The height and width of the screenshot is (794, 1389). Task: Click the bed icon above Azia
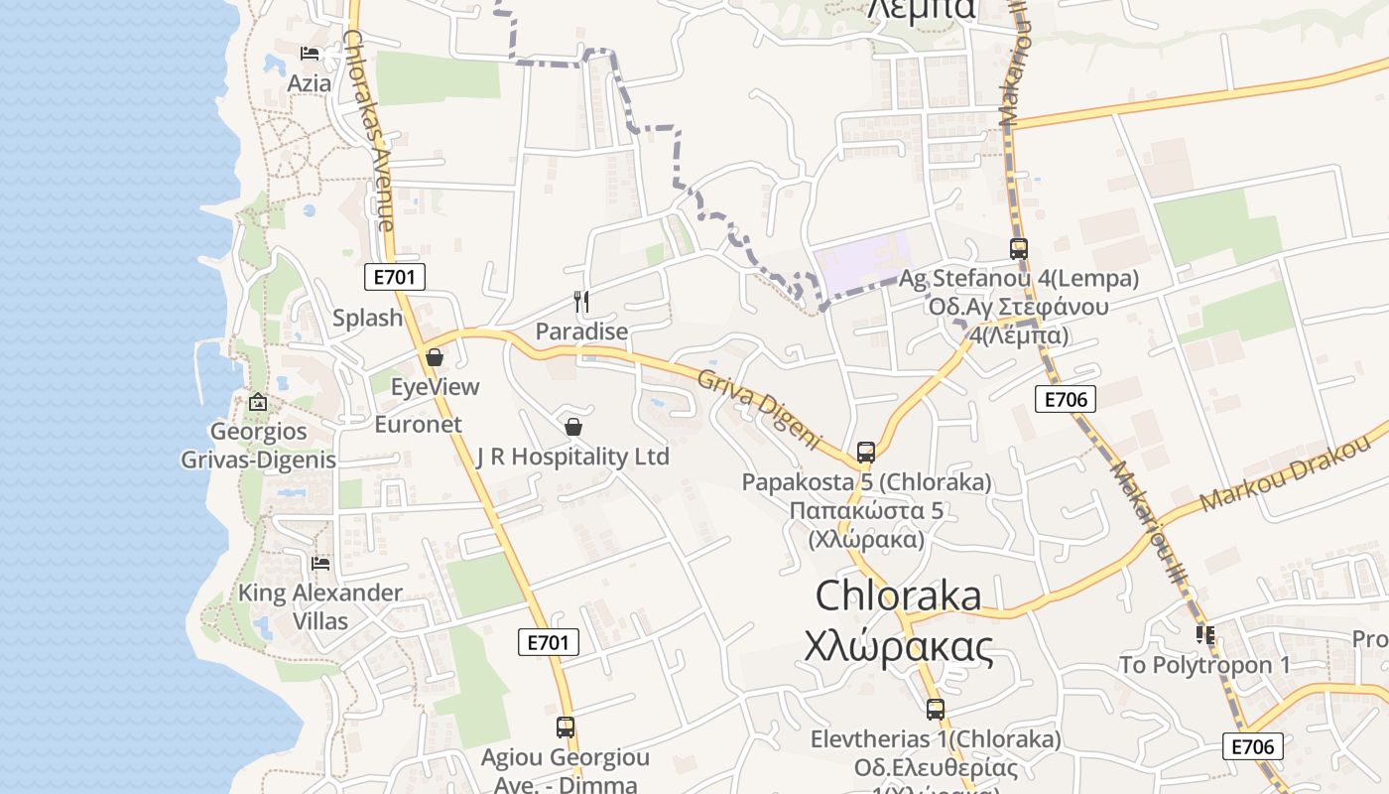310,53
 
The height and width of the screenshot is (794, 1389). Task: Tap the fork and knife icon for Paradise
581,301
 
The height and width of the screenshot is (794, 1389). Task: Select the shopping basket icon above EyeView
435,357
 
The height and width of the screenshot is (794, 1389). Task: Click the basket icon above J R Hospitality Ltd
573,427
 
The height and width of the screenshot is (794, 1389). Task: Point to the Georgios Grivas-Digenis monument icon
258,402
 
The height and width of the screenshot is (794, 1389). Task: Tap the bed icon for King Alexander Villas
320,564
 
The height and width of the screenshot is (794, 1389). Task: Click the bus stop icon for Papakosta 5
866,453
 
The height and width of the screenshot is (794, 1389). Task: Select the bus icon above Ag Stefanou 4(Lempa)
1019,249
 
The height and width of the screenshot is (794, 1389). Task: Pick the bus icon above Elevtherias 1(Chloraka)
936,710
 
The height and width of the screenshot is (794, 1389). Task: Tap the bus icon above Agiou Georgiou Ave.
566,728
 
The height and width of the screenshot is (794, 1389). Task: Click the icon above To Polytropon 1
1205,634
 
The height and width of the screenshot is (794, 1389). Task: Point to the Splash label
368,319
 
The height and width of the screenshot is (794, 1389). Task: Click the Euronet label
418,425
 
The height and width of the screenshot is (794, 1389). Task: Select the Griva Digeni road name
760,408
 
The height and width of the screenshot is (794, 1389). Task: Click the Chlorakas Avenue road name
370,129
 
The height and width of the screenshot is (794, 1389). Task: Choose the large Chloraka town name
899,595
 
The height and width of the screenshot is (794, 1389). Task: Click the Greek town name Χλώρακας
899,647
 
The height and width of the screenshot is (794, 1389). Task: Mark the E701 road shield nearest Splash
395,277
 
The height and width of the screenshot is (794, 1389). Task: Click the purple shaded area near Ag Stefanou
861,263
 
